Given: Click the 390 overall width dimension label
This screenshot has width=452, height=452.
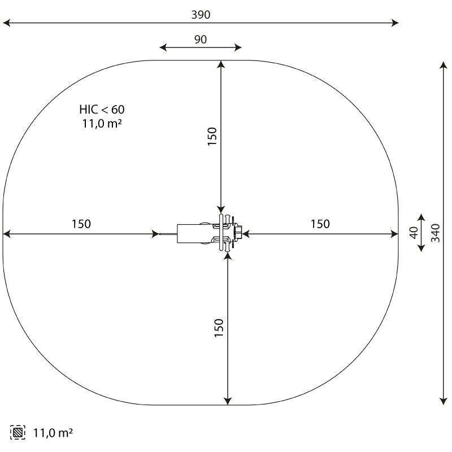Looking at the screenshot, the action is (x=201, y=15).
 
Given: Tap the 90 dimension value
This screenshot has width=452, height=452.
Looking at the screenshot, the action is (x=201, y=40).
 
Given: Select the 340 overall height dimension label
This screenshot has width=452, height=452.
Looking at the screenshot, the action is (x=435, y=233).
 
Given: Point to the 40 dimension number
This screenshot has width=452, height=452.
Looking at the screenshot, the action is (x=414, y=233).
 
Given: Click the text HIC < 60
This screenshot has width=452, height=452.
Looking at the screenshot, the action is (x=102, y=110).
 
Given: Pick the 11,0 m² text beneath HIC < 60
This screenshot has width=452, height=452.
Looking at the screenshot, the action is (x=102, y=123).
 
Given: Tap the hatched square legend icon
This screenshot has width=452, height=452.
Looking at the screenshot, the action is (x=18, y=432).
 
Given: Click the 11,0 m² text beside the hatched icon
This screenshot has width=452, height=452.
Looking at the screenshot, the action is (x=53, y=433).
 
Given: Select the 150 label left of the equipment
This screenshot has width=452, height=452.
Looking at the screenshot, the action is (x=81, y=224).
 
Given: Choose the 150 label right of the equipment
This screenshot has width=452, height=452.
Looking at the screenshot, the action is (x=320, y=224).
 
